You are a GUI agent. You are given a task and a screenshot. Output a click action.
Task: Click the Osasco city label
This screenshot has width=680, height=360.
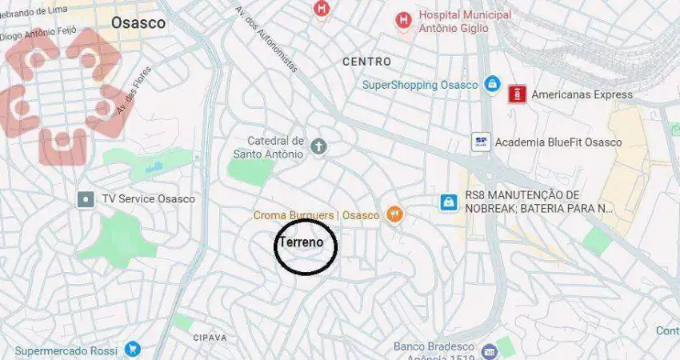coord(138,22)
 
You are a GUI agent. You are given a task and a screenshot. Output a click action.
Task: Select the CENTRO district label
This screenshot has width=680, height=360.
coord(366,62)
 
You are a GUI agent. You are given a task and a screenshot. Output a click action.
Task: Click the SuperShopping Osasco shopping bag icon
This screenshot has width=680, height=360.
coord(491,84)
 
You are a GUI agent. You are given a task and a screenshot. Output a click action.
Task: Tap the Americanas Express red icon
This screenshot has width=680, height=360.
coord(517,94)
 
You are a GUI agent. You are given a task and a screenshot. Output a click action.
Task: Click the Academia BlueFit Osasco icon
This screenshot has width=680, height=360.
coord(481,142)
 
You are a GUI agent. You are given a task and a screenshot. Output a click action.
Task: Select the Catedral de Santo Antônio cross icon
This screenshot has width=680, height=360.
coord(318,146)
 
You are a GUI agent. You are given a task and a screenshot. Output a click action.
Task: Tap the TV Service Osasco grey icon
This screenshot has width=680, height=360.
coord(86,198)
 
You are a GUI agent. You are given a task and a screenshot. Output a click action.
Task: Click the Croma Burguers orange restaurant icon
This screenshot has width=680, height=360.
coord(394,214)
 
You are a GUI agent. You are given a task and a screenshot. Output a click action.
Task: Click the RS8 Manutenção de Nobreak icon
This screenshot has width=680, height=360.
coord(449,202)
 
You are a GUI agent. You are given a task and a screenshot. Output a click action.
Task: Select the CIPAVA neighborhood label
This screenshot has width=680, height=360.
coord(210,338)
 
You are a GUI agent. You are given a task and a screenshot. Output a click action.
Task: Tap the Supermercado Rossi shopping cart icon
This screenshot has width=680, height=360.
coord(132,350)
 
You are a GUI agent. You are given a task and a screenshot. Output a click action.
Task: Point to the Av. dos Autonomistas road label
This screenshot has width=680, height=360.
coord(266,42)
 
